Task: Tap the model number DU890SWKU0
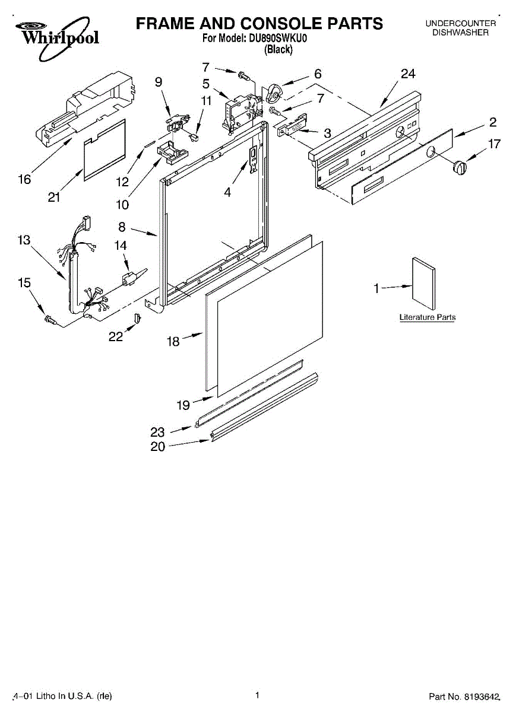click(x=278, y=39)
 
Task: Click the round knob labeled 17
click(x=458, y=167)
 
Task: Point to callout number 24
click(x=408, y=74)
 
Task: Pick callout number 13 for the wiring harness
click(x=24, y=240)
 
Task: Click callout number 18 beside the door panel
click(x=173, y=342)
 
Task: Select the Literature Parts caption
click(x=428, y=317)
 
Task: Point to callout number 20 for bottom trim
click(x=158, y=447)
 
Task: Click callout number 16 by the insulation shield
click(x=24, y=179)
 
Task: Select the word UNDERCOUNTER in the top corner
click(x=460, y=23)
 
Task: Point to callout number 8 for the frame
click(x=122, y=226)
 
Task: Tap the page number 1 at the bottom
click(x=258, y=695)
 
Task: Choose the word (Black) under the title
click(x=278, y=50)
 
